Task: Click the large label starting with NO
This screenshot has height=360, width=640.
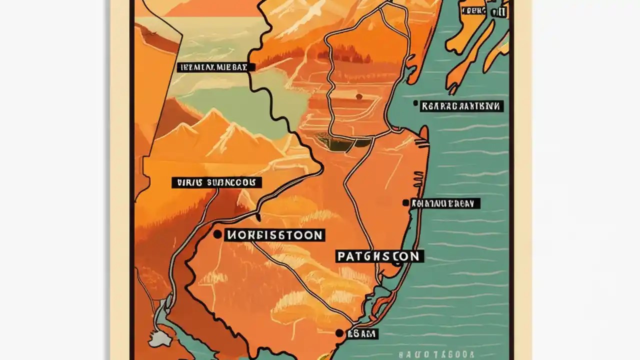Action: pos(274,235)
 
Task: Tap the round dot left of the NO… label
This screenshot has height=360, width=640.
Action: pos(217,234)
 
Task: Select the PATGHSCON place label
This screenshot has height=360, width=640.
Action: pos(378,256)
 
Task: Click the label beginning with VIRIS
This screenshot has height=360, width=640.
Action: pos(216,182)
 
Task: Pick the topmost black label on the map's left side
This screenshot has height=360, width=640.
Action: pos(215,67)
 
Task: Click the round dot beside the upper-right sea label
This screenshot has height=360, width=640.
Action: pos(415,103)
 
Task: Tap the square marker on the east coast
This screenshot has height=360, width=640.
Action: pos(405,203)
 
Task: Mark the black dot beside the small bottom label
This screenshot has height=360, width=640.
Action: pos(339,333)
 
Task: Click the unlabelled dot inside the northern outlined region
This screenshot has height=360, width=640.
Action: pos(358,96)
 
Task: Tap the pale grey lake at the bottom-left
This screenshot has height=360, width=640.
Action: pos(158,339)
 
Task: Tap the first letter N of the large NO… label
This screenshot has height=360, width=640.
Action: pos(231,235)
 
